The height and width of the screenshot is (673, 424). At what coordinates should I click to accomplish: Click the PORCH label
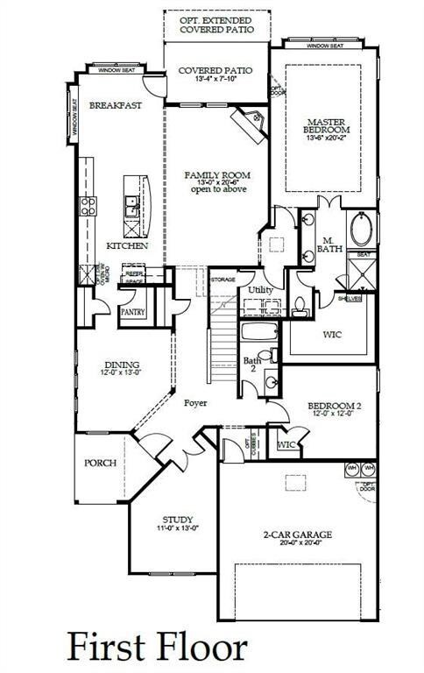pos(101,462)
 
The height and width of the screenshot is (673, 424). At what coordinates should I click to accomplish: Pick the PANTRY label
pos(132,311)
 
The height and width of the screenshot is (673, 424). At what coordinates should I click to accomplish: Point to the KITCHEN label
pos(128,245)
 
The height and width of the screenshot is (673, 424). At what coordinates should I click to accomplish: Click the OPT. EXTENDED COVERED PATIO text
pos(216,25)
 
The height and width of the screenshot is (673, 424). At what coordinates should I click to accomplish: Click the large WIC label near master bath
pos(329,334)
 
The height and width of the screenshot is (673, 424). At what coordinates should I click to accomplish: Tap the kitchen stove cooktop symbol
pos(88,206)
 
